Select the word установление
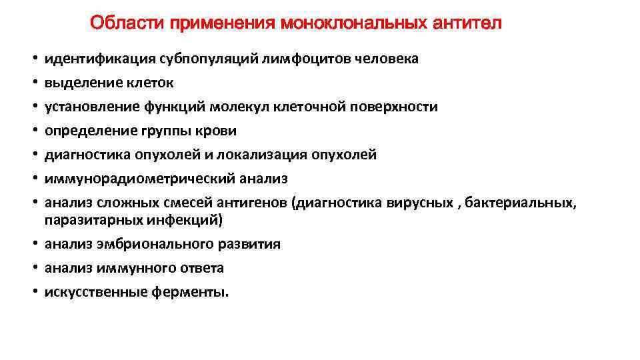(91, 107)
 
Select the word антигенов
(256, 203)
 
